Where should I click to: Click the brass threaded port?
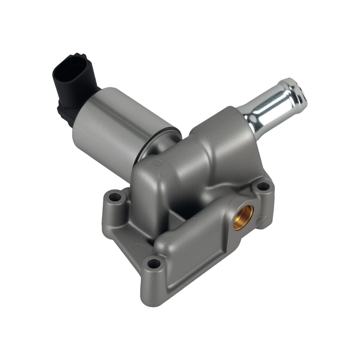click(243, 217)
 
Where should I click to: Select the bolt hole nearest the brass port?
click(263, 186)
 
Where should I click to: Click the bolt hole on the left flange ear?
click(115, 197)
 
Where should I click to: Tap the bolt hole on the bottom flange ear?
click(154, 264)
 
